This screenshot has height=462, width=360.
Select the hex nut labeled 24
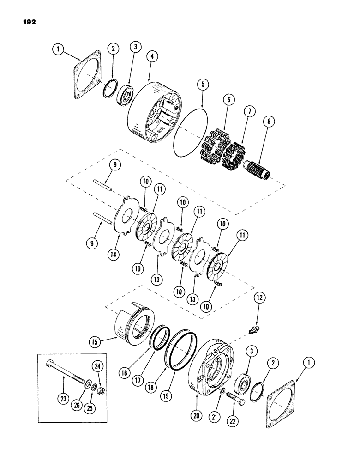98,387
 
